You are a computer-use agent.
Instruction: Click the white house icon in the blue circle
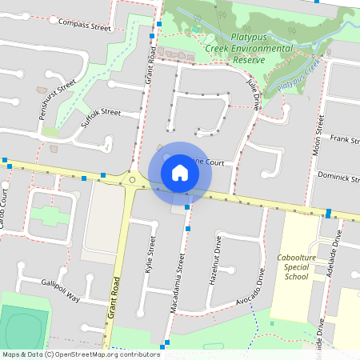[x=179, y=172]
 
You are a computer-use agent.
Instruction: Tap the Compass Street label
[x=85, y=26]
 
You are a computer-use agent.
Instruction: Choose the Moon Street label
[x=319, y=134]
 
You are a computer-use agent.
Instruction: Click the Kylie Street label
[x=150, y=255]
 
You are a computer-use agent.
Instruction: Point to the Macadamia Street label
[x=178, y=284]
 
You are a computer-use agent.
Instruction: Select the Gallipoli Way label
[x=61, y=291]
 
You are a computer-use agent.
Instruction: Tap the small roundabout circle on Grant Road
[x=132, y=180]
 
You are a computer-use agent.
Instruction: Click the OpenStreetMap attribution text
[x=81, y=354]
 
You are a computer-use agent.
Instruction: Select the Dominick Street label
[x=338, y=175]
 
